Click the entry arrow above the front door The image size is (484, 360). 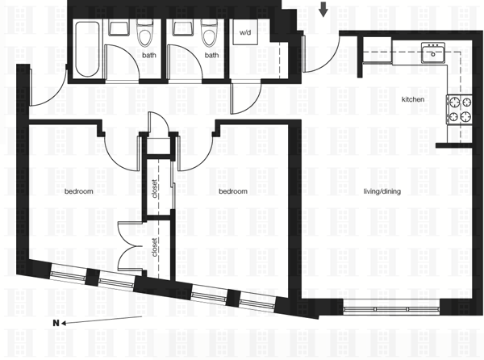(x=323, y=10)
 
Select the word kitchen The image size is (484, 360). (x=413, y=99)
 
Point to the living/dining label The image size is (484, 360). (x=382, y=191)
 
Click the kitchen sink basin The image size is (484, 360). (x=433, y=54)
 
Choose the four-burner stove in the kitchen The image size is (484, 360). (x=459, y=109)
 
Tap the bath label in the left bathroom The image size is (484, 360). (x=149, y=56)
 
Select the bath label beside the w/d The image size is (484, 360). (x=211, y=56)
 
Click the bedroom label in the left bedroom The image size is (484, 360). (x=79, y=191)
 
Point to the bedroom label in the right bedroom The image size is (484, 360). (x=233, y=191)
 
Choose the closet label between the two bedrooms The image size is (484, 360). (x=154, y=189)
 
